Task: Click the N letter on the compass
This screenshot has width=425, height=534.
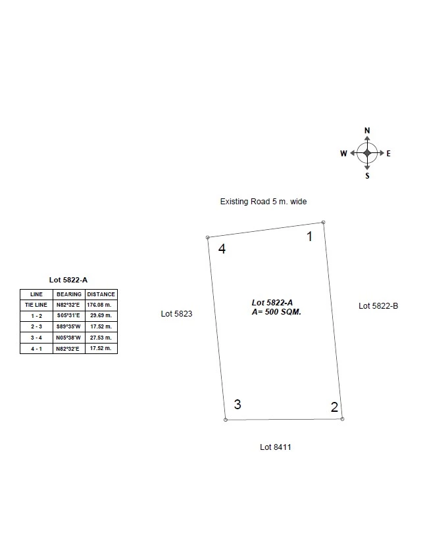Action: coord(367,131)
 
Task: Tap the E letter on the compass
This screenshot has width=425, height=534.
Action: coord(388,154)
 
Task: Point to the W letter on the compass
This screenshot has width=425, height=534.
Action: coord(343,154)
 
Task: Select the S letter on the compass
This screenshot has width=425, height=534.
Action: coord(367,176)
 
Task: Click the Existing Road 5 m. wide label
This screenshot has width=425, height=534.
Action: coord(263,202)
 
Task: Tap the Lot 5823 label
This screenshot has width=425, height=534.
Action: coord(176,314)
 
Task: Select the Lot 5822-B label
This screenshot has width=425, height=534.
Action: coord(378,306)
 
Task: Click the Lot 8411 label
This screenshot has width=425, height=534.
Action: coord(275,447)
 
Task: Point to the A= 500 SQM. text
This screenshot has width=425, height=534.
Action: coord(276,312)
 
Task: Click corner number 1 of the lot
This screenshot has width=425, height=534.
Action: coord(309,236)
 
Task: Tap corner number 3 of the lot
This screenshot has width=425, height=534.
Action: coord(238,404)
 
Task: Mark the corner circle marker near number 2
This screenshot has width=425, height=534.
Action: coord(342,419)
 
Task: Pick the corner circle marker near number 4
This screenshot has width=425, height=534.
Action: coord(208,237)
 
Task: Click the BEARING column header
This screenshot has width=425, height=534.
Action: coord(69,294)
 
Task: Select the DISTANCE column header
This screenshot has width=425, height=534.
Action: coord(101,294)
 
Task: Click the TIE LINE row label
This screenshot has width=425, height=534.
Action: coord(36,305)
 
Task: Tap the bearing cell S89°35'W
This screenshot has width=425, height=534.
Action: coord(68,326)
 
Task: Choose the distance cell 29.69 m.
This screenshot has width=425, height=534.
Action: coord(101,315)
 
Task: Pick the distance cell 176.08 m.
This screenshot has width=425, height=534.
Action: coord(99,305)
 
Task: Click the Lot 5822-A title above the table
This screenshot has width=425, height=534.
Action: coord(68,280)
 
